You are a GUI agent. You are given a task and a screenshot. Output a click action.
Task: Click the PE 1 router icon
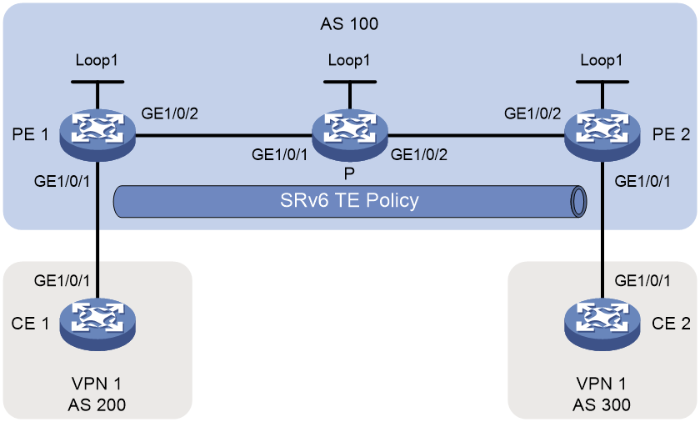pyautogui.click(x=97, y=134)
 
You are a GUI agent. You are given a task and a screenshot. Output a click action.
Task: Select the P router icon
pyautogui.click(x=349, y=134)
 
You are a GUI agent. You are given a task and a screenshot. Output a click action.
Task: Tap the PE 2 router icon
pyautogui.click(x=602, y=134)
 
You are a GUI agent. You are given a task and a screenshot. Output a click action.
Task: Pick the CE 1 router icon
pyautogui.click(x=97, y=324)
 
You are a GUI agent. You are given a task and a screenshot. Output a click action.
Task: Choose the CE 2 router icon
pyautogui.click(x=602, y=324)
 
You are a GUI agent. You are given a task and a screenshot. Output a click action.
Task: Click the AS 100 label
pyautogui.click(x=349, y=23)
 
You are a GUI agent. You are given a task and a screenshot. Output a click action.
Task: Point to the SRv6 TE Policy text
pyautogui.click(x=349, y=200)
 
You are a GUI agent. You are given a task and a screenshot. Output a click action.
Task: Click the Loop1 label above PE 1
pyautogui.click(x=97, y=60)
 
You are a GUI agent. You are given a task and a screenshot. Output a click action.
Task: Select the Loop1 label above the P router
pyautogui.click(x=349, y=60)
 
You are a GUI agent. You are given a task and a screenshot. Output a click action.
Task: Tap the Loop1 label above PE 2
pyautogui.click(x=602, y=60)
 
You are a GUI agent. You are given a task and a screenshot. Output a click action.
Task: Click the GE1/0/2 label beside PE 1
pyautogui.click(x=170, y=113)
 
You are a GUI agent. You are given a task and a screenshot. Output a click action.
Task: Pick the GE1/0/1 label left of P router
pyautogui.click(x=279, y=154)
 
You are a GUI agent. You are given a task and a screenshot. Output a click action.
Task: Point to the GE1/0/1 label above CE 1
pyautogui.click(x=62, y=280)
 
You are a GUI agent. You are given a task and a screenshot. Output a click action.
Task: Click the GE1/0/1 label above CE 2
pyautogui.click(x=642, y=280)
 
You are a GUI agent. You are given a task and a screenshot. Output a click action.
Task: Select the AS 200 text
pyautogui.click(x=97, y=404)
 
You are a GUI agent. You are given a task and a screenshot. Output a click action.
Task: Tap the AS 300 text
pyautogui.click(x=602, y=404)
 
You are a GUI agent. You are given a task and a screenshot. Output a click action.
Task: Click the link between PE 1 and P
pyautogui.click(x=223, y=134)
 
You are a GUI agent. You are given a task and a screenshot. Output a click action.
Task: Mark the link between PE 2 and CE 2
pyautogui.click(x=602, y=229)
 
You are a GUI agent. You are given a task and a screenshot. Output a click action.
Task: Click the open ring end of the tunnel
pyautogui.click(x=579, y=201)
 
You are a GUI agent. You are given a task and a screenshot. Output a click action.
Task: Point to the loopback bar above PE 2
pyautogui.click(x=602, y=82)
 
